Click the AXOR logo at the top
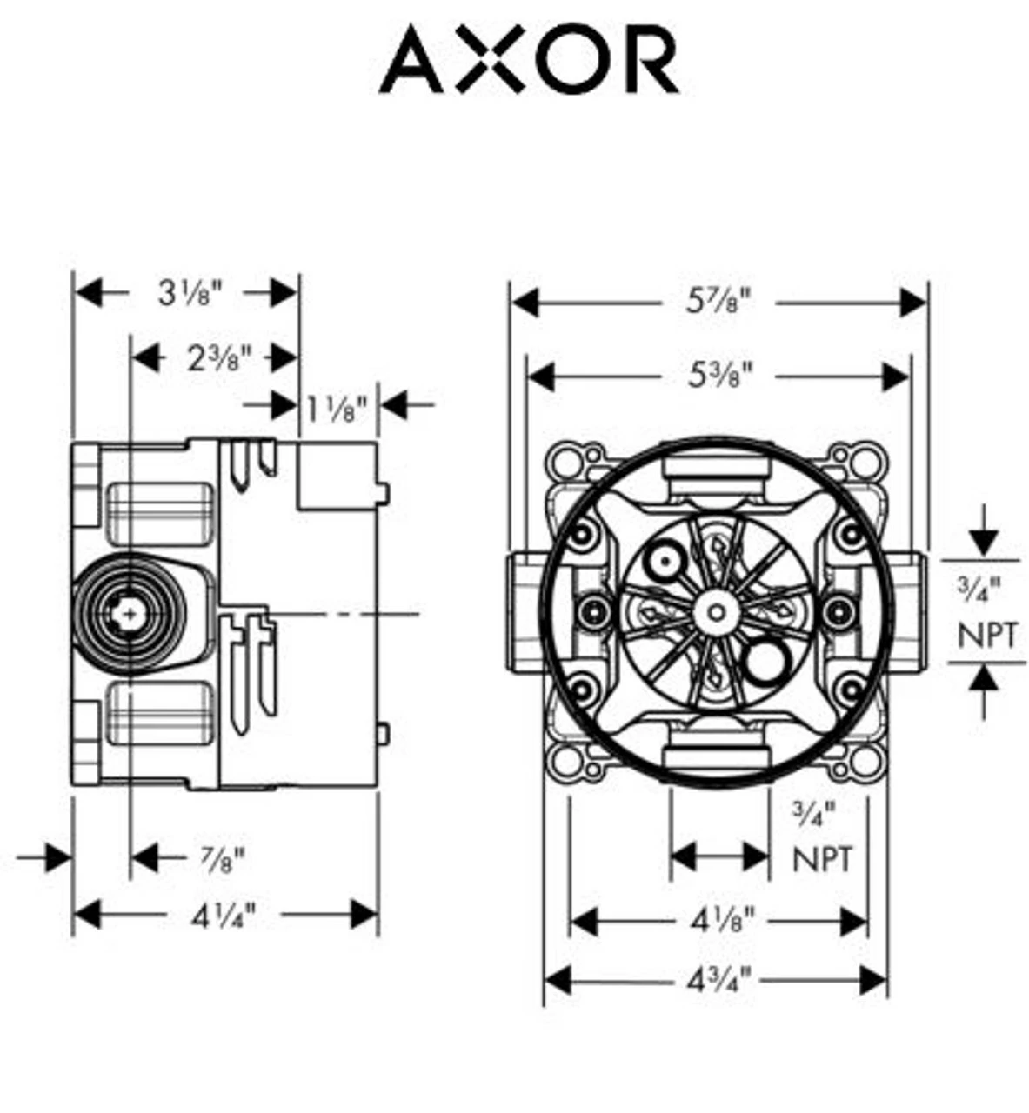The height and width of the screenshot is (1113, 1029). pyautogui.click(x=529, y=59)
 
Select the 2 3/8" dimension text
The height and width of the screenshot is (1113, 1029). pyautogui.click(x=219, y=357)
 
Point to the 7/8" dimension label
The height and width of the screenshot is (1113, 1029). pyautogui.click(x=223, y=859)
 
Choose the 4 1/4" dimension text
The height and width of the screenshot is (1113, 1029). pyautogui.click(x=224, y=915)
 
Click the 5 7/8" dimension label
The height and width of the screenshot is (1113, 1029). pyautogui.click(x=718, y=303)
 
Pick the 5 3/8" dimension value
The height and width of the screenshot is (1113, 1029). pyautogui.click(x=718, y=377)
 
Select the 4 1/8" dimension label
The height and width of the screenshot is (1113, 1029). pyautogui.click(x=722, y=921)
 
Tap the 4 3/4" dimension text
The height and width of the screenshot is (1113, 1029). pyautogui.click(x=718, y=982)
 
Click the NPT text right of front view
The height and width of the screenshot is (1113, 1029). pyautogui.click(x=986, y=636)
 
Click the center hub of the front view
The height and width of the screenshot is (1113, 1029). pyautogui.click(x=715, y=610)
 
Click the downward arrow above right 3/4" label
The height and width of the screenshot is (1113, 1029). pyautogui.click(x=984, y=541)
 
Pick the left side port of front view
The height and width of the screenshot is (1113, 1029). pyautogui.click(x=525, y=610)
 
